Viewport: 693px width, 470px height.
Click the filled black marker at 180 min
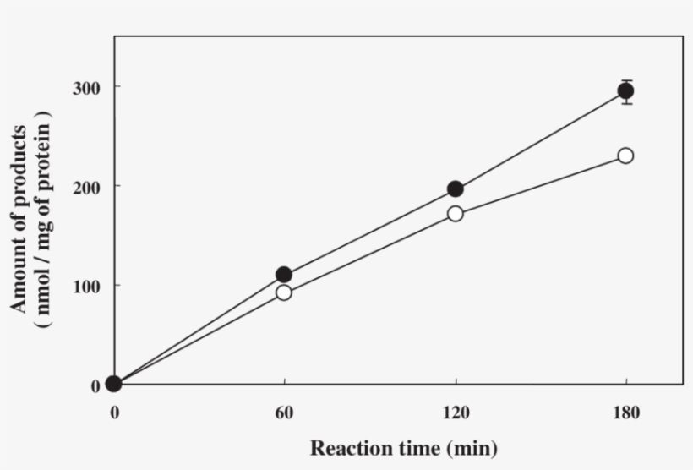coord(625,91)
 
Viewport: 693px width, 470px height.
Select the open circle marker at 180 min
coord(625,156)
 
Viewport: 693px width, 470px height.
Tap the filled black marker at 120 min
coord(456,189)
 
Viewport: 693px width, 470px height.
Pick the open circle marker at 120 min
coord(456,213)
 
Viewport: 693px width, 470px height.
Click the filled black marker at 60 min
coord(284,275)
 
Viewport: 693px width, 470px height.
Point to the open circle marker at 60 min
coord(284,292)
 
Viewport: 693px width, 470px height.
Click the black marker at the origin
coord(114,385)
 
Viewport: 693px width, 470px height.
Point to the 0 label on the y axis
coord(95,385)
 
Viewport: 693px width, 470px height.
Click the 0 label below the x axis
coord(114,413)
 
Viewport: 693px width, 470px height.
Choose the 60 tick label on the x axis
coord(284,413)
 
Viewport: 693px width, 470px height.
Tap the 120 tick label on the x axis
coord(456,413)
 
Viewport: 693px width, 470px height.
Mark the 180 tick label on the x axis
coord(625,413)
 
